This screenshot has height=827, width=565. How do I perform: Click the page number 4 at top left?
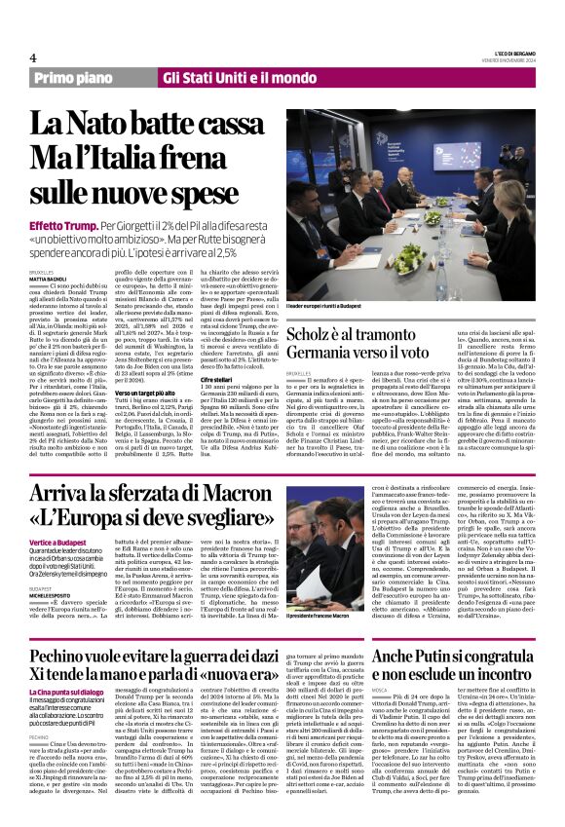[33, 56]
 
